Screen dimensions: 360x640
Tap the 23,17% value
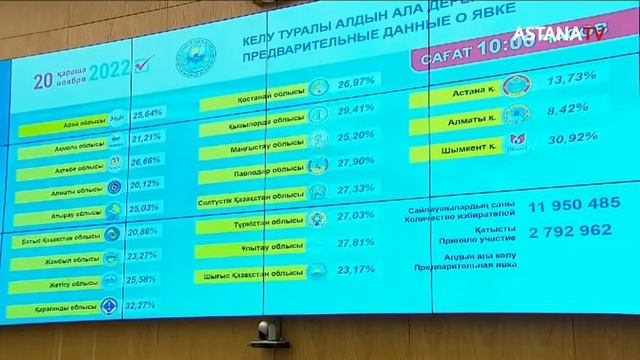coord(356,269)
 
